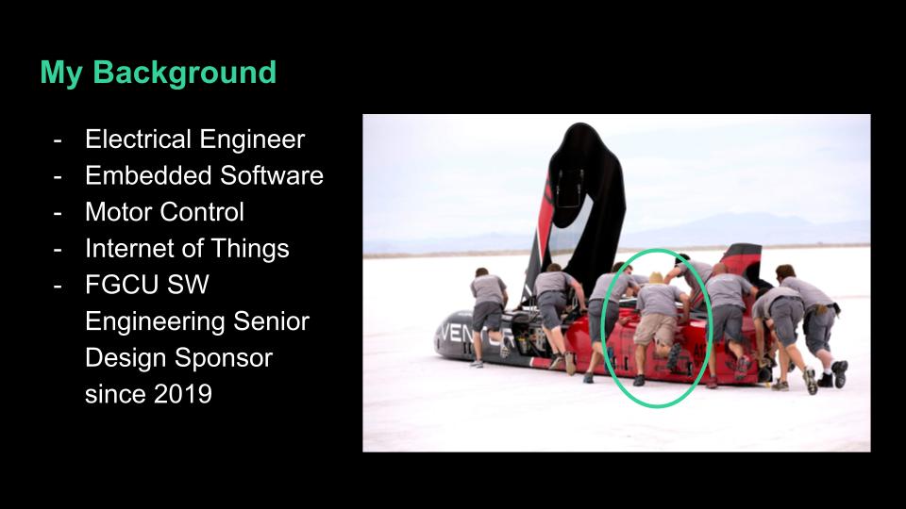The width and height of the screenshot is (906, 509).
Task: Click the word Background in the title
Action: click(x=184, y=74)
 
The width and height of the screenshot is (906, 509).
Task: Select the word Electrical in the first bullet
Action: click(x=138, y=140)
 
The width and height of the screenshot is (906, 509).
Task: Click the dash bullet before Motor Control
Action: click(x=58, y=213)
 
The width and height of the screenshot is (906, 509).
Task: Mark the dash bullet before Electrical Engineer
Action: click(x=58, y=140)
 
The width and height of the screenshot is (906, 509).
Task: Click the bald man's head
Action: click(x=719, y=269)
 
